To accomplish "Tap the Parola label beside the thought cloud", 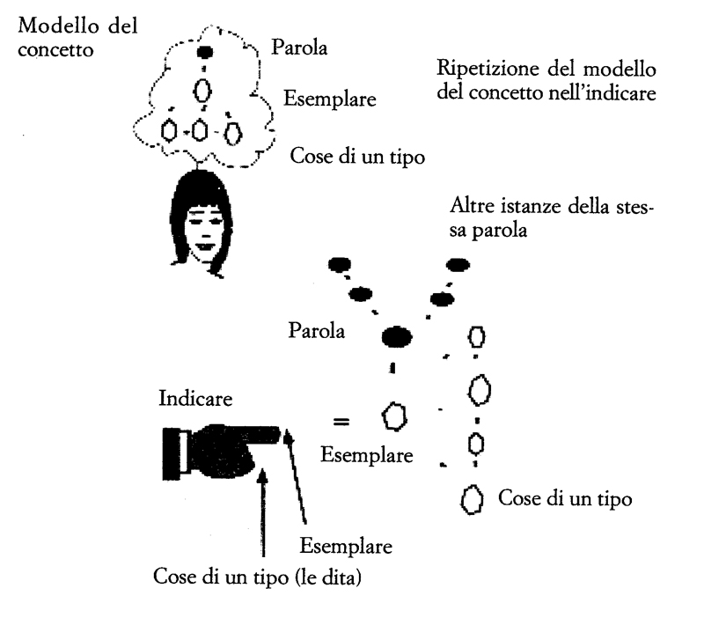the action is pyautogui.click(x=299, y=48).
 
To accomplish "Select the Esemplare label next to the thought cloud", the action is pyautogui.click(x=329, y=99).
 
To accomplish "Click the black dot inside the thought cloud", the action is pyautogui.click(x=205, y=52).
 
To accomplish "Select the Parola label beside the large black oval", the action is pyautogui.click(x=317, y=330).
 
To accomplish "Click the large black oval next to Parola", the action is pyautogui.click(x=397, y=336).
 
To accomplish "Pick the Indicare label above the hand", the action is pyautogui.click(x=195, y=398).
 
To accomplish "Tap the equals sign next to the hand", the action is pyautogui.click(x=341, y=421).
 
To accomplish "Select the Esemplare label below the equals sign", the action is pyautogui.click(x=366, y=455).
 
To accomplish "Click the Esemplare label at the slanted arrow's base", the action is pyautogui.click(x=346, y=546).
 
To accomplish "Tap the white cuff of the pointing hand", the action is pyautogui.click(x=184, y=452).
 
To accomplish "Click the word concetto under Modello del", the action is pyautogui.click(x=55, y=49).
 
